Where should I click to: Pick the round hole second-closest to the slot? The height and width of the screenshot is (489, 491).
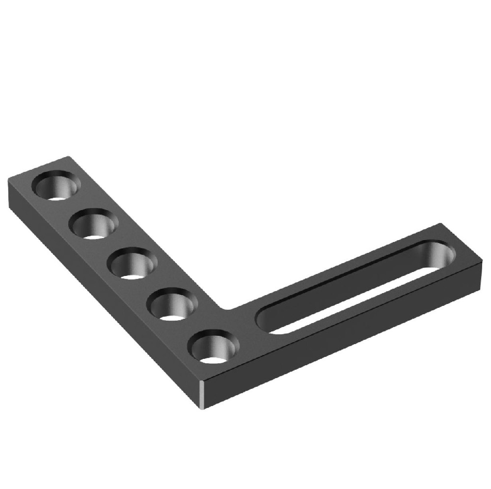point(172,305)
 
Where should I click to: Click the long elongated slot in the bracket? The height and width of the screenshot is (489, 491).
point(354,285)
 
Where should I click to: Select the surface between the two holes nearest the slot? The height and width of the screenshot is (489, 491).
point(192,326)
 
